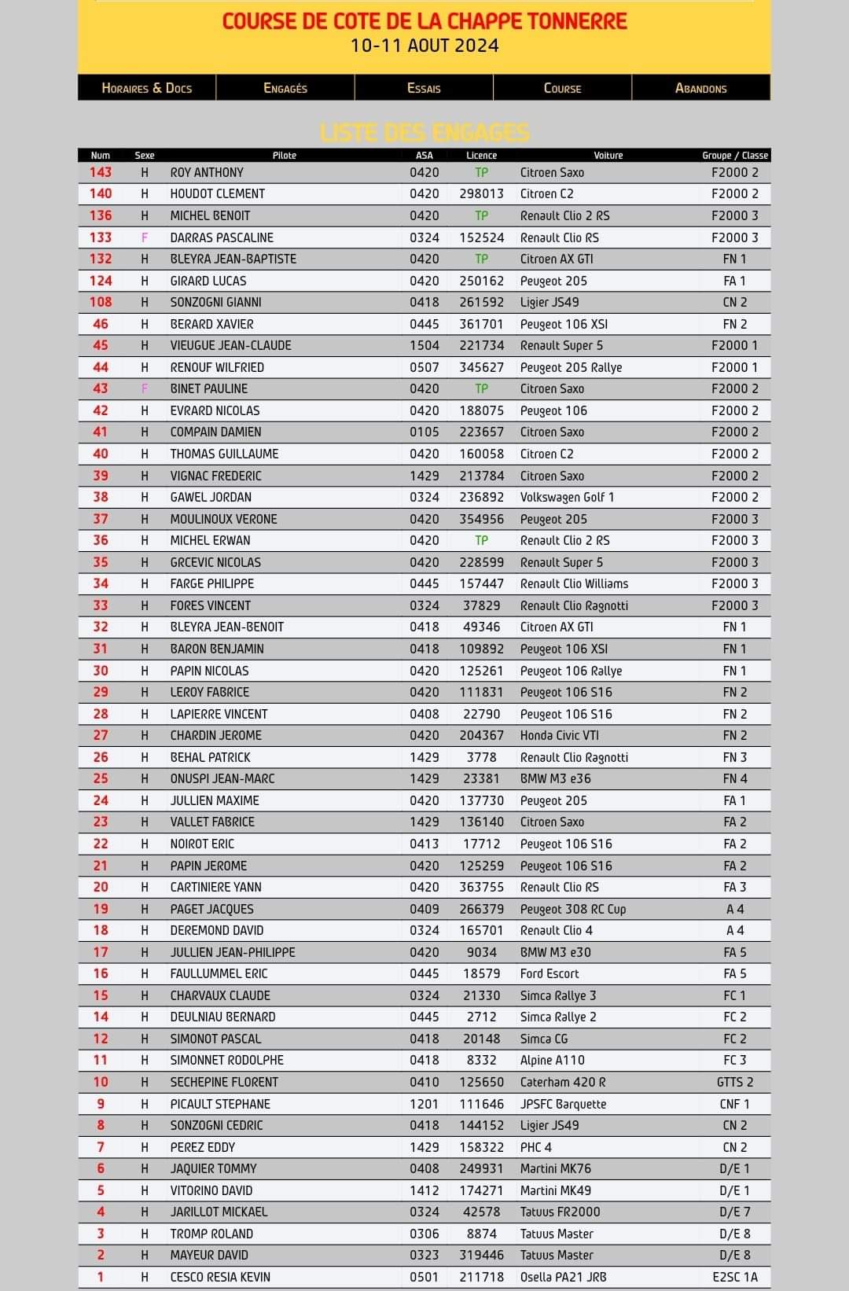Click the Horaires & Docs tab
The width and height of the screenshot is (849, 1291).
click(147, 88)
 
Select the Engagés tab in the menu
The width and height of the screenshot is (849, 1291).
click(285, 88)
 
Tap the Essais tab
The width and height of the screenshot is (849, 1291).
click(424, 88)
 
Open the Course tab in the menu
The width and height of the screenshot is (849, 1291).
click(562, 88)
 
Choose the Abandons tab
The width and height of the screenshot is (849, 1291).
click(700, 88)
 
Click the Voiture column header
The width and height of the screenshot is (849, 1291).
click(608, 156)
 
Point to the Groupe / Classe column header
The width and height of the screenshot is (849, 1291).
click(735, 156)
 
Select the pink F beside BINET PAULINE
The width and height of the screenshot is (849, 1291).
click(145, 388)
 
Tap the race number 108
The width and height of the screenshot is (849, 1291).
click(101, 302)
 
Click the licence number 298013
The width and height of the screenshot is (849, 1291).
click(481, 194)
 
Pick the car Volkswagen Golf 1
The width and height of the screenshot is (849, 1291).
click(567, 497)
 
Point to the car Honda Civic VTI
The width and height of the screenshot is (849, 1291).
click(559, 735)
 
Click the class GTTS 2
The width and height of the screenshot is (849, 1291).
click(735, 1082)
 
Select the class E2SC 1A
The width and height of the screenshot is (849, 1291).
click(735, 1277)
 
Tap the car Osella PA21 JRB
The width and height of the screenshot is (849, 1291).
click(563, 1277)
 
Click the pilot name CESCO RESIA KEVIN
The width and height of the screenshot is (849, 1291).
click(220, 1277)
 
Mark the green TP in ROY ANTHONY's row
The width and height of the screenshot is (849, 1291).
click(481, 172)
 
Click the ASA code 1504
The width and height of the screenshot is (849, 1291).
click(424, 345)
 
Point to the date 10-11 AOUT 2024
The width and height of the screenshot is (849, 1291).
click(424, 46)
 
